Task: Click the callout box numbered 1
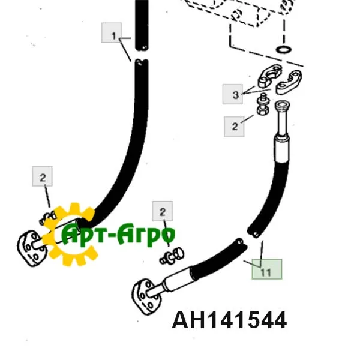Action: click(x=113, y=36)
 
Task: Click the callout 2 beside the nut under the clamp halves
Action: click(x=235, y=126)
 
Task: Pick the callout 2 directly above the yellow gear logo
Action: click(x=43, y=178)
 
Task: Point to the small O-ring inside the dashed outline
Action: click(x=284, y=49)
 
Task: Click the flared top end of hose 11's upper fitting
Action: click(x=281, y=107)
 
